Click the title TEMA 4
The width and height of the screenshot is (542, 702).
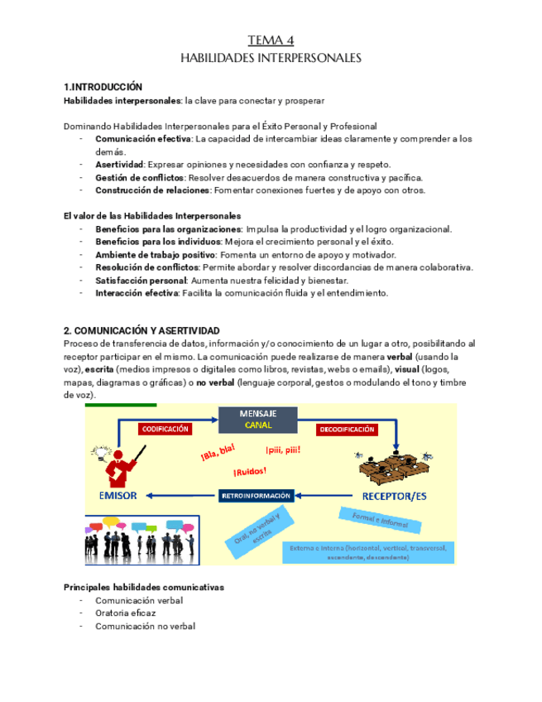pyautogui.click(x=271, y=41)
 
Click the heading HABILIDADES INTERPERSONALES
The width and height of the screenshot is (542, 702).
pyautogui.click(x=271, y=59)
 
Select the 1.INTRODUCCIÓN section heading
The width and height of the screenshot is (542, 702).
pyautogui.click(x=103, y=87)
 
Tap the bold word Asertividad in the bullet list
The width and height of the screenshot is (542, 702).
pyautogui.click(x=120, y=165)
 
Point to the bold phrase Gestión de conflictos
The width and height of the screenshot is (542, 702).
pyautogui.click(x=140, y=177)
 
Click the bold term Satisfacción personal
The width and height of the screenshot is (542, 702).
pyautogui.click(x=141, y=281)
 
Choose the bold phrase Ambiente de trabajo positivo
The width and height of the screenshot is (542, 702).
pyautogui.click(x=155, y=255)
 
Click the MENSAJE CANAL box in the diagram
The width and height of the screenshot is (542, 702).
pyautogui.click(x=257, y=419)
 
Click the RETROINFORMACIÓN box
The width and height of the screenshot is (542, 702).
pyautogui.click(x=257, y=495)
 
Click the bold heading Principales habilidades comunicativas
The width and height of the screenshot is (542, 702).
pyautogui.click(x=143, y=587)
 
